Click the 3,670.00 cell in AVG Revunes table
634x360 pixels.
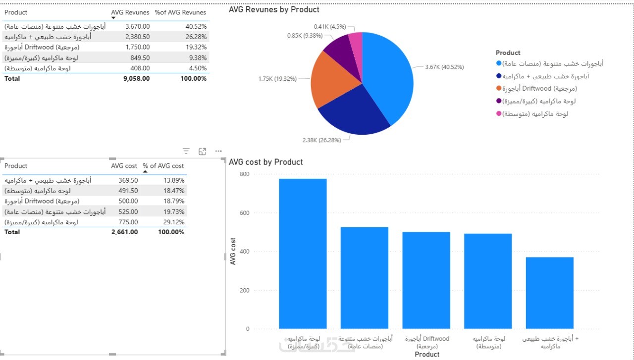137,26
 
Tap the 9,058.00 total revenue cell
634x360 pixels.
136,78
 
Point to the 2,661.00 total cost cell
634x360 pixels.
125,232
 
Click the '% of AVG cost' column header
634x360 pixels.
163,166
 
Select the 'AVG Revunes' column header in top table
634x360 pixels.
130,12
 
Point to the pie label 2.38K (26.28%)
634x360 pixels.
321,140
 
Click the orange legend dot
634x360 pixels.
498,89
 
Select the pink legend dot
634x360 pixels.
498,113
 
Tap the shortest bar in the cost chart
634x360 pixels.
549,293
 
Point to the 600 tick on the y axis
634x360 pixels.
244,213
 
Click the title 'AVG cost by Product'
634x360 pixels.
265,162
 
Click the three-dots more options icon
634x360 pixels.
218,152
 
